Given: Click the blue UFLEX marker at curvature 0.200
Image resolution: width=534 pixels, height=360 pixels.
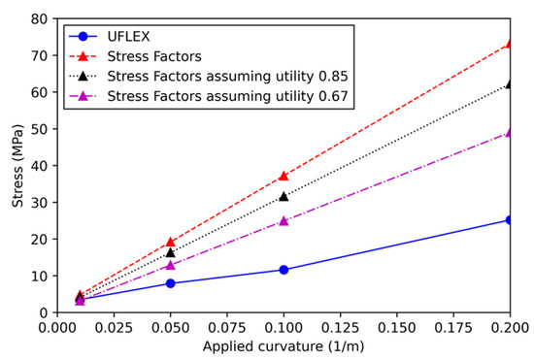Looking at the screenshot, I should pos(509,220).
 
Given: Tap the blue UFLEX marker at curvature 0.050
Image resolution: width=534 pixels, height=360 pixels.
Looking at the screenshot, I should pos(171,283).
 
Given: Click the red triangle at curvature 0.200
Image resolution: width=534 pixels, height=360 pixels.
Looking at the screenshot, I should pos(509,44).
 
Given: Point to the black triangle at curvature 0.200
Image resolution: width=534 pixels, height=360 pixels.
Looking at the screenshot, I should pos(509,84).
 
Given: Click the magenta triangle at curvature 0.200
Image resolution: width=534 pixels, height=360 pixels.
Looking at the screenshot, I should pos(509,132).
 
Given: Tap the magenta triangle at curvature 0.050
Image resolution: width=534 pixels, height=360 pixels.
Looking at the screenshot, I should pos(171,265).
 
